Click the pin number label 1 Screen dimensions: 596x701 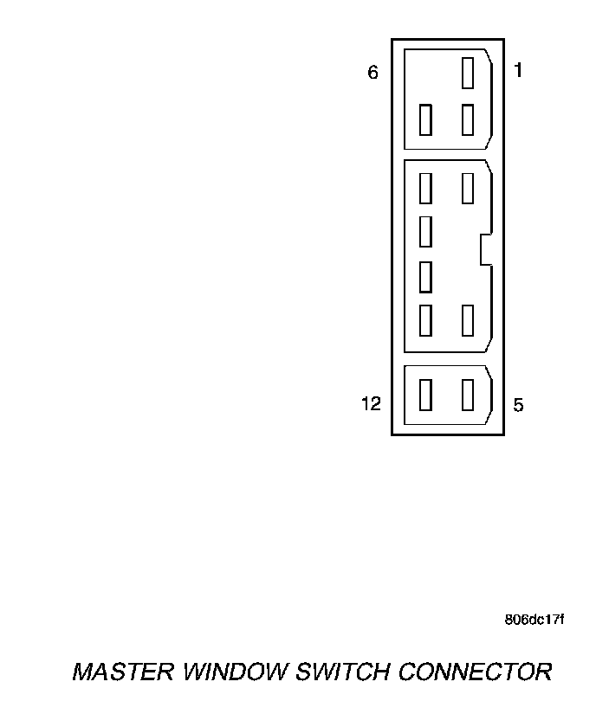[518, 71]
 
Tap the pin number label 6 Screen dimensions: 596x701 [373, 73]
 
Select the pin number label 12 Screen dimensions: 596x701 [371, 404]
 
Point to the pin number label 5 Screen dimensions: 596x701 [518, 405]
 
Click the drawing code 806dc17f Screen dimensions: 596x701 [534, 620]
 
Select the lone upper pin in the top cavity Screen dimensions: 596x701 [468, 73]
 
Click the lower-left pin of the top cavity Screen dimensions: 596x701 [425, 119]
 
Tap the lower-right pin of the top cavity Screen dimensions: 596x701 [468, 119]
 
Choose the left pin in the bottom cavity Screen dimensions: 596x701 [425, 395]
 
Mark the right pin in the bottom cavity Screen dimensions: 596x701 [468, 395]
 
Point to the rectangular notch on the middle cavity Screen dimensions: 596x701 [485, 249]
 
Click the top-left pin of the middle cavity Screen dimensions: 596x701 [425, 188]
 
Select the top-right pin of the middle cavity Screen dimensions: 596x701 [468, 188]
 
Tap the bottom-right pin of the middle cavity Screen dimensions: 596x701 [468, 320]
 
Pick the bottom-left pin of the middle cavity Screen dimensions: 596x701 [425, 320]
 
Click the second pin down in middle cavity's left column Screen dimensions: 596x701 [425, 231]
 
